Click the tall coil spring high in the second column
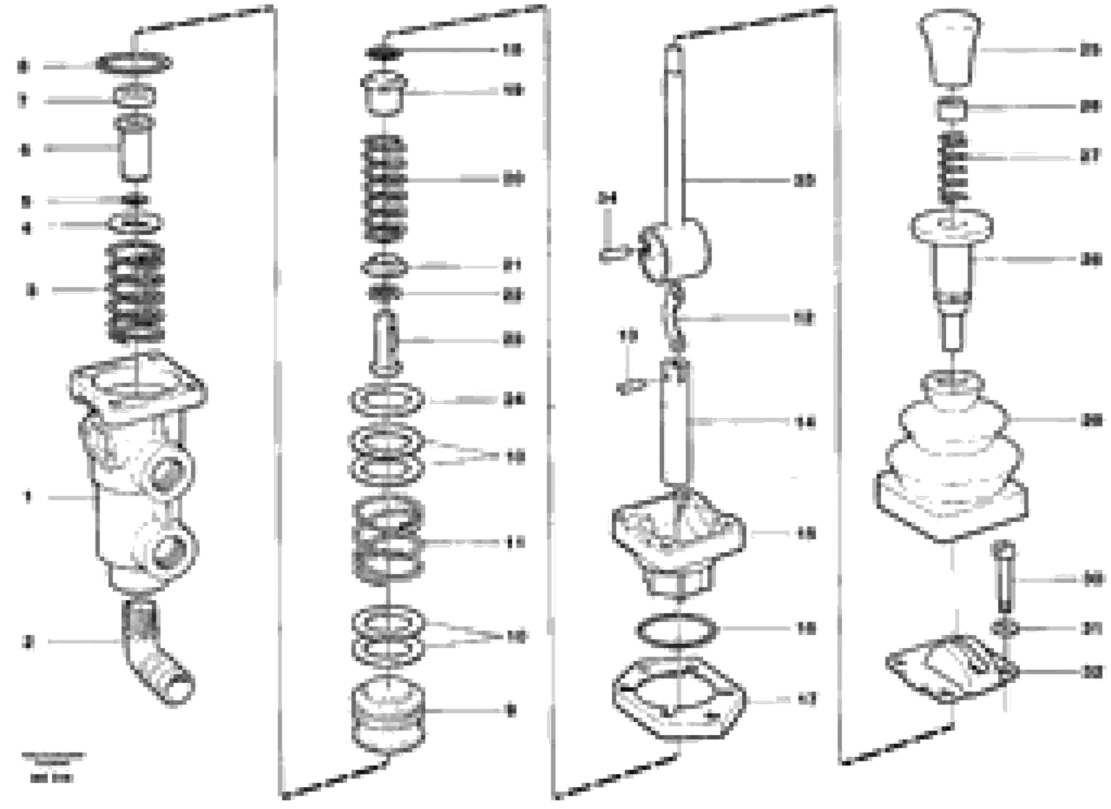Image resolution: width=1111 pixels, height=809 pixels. [x=384, y=189]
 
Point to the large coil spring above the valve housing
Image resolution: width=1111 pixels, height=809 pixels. [x=135, y=293]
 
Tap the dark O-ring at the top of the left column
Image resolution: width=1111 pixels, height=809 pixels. [x=134, y=63]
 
